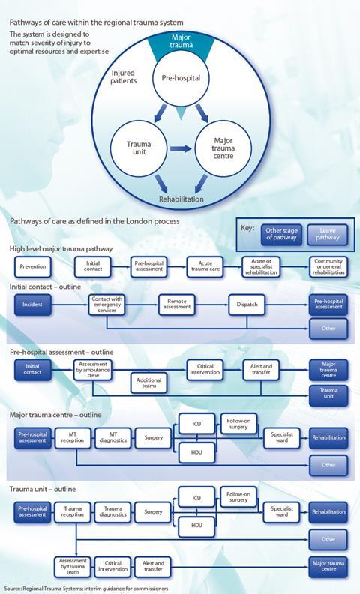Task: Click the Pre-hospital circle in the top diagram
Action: tap(181, 78)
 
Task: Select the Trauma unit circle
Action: tap(139, 148)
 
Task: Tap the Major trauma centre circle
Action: tap(223, 148)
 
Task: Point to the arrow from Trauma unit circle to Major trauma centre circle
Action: tap(181, 148)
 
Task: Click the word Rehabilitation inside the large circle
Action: tap(181, 199)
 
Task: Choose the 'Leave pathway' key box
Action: tap(328, 235)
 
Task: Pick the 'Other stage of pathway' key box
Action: tap(281, 235)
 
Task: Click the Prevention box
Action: tap(33, 267)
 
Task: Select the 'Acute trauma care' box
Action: tap(205, 267)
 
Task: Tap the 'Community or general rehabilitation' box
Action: tap(328, 267)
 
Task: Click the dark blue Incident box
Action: tap(32, 304)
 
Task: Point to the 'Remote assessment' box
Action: tap(177, 304)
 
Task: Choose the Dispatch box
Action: tap(247, 304)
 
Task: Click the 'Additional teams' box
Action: tap(149, 383)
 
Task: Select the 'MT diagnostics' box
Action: tap(113, 438)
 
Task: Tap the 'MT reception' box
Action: tap(73, 438)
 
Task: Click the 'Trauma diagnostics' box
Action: tap(113, 512)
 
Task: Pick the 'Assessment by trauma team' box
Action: tap(73, 567)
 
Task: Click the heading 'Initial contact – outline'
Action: tap(45, 286)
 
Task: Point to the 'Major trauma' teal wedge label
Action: tap(181, 41)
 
